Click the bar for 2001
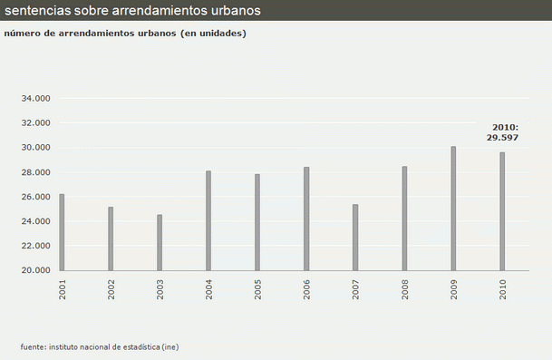62,232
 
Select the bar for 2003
160,242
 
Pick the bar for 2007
355,237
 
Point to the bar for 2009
453,209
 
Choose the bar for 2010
502,211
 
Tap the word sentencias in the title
35,11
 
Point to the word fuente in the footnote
33,346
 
